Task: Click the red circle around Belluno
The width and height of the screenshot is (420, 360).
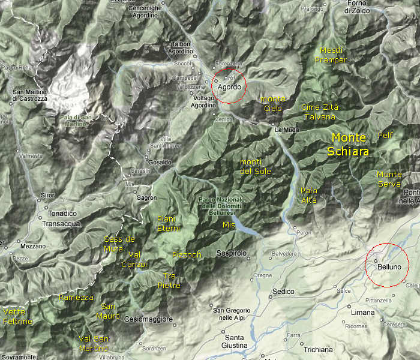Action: (x=387, y=265)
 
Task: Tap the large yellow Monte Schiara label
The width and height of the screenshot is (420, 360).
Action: (x=349, y=145)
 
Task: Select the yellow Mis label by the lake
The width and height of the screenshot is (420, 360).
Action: (x=228, y=224)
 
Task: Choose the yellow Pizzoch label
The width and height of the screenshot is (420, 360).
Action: (x=187, y=255)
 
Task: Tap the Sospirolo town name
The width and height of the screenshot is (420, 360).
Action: (x=232, y=253)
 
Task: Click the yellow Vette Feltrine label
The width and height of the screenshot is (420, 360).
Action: (x=18, y=316)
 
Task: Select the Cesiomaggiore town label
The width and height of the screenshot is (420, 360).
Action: (x=149, y=319)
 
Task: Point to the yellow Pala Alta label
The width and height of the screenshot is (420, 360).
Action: (x=309, y=195)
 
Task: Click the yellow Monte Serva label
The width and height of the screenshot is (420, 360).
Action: (x=389, y=179)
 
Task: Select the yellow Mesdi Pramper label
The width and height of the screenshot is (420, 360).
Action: (x=333, y=55)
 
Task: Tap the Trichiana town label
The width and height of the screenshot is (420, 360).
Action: (x=318, y=349)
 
